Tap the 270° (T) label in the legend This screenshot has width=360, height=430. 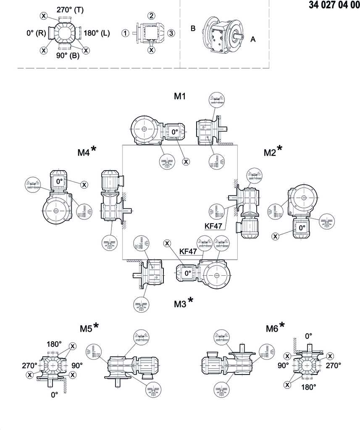(x=70, y=10)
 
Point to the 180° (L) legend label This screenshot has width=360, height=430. (x=97, y=33)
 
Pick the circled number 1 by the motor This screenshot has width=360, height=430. (x=125, y=33)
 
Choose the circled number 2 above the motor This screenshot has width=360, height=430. (x=151, y=16)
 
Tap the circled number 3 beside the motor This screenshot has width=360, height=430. (x=171, y=33)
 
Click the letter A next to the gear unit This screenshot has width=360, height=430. (x=253, y=39)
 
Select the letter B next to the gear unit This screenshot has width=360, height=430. (x=193, y=29)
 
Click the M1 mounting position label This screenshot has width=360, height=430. (x=180, y=96)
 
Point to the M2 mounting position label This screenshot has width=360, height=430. (x=269, y=153)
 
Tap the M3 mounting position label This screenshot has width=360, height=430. (x=180, y=303)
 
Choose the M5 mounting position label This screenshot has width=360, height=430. (x=86, y=328)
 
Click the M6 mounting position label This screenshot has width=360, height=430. (x=272, y=328)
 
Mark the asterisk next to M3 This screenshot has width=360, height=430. (x=191, y=300)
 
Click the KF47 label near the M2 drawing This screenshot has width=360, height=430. (x=213, y=226)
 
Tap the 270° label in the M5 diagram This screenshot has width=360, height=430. (x=30, y=366)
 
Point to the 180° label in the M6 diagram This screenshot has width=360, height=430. (x=308, y=387)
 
